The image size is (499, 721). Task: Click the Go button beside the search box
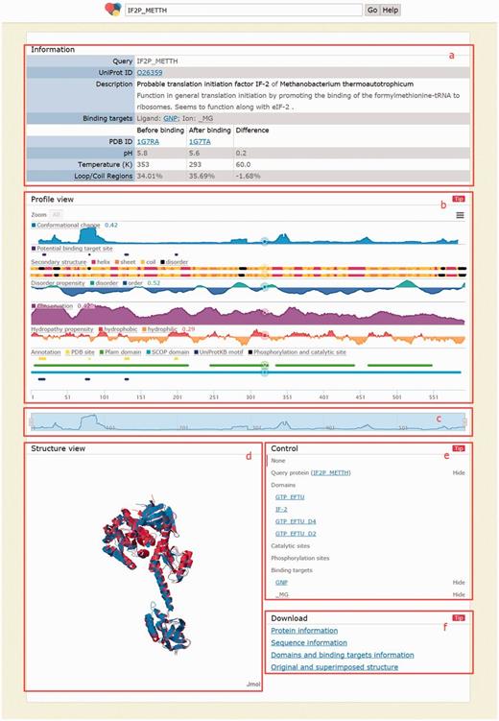click(371, 9)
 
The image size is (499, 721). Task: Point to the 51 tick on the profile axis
click(66, 396)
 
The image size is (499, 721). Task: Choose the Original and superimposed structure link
click(335, 666)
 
